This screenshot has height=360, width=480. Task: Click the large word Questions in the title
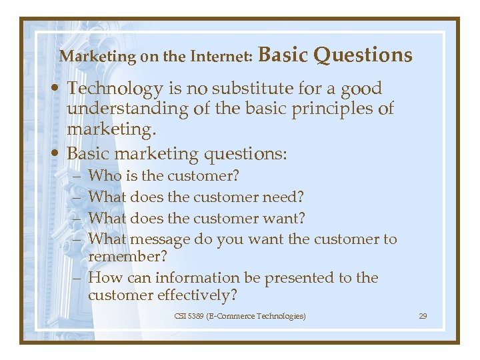[x=363, y=55]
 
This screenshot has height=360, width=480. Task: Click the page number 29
[x=422, y=315]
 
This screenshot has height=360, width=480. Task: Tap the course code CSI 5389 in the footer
[x=189, y=315]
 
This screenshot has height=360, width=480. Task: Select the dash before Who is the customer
[x=78, y=177]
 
